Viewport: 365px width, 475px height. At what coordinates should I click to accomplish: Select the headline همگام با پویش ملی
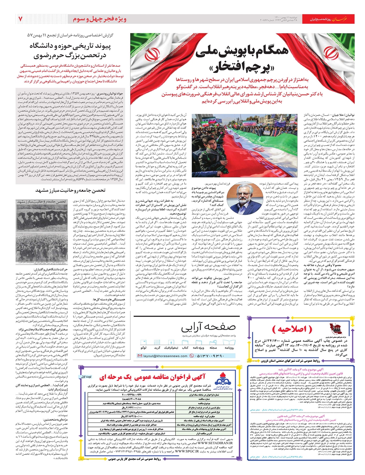tap(242, 52)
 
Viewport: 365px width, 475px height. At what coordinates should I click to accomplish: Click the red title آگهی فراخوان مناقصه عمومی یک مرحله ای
tap(152, 378)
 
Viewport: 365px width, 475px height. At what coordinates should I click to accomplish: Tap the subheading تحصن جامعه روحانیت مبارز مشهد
tap(71, 190)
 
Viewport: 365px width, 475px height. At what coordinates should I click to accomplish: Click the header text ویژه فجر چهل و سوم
tap(99, 19)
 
